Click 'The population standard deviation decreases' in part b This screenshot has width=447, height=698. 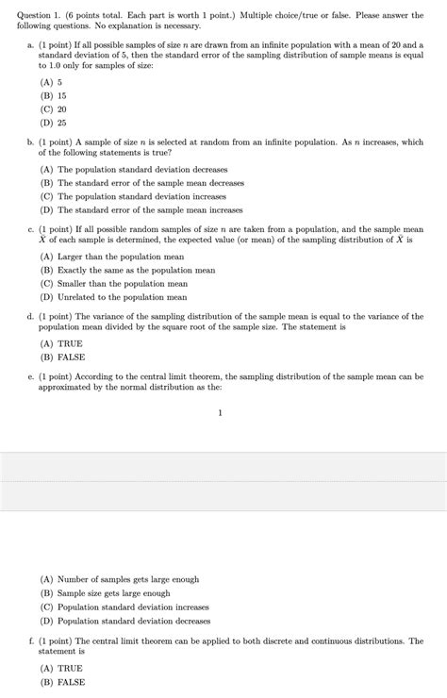pos(141,170)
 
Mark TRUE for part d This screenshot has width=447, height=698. pos(60,344)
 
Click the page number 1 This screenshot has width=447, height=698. pos(219,412)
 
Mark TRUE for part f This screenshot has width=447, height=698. pos(60,668)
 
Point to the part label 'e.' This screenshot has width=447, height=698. pos(31,375)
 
